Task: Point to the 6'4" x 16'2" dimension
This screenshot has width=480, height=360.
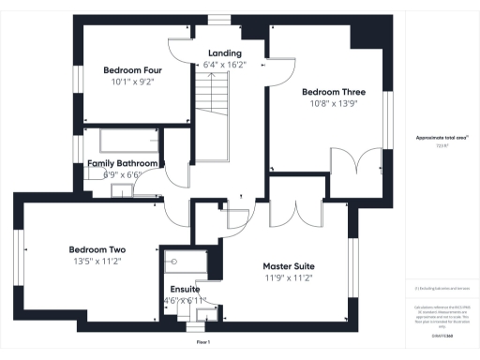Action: coord(225,66)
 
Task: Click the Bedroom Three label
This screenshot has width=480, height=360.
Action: coord(333,92)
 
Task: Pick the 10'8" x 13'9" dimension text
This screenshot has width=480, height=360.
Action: coord(333,104)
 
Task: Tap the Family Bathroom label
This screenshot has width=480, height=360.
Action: coord(123,163)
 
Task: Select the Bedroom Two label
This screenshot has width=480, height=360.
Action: coord(97,249)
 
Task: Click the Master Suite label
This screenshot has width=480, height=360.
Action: coord(288,266)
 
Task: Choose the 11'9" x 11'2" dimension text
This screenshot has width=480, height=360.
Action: coord(288,278)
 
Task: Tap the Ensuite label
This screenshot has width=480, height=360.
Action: coord(184,289)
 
